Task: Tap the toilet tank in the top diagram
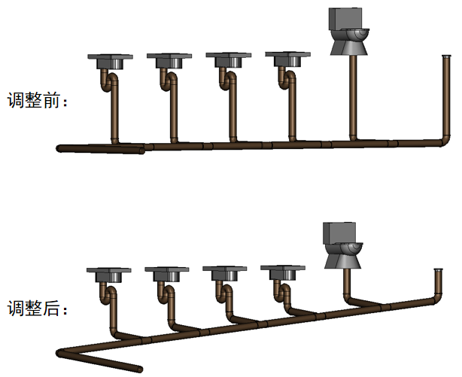click(345, 19)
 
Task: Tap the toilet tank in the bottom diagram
click(339, 233)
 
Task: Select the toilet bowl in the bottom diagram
click(343, 256)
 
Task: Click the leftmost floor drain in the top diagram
click(110, 61)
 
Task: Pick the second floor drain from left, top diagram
click(169, 60)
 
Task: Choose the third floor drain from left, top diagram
click(229, 60)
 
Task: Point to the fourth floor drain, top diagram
click(288, 59)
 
